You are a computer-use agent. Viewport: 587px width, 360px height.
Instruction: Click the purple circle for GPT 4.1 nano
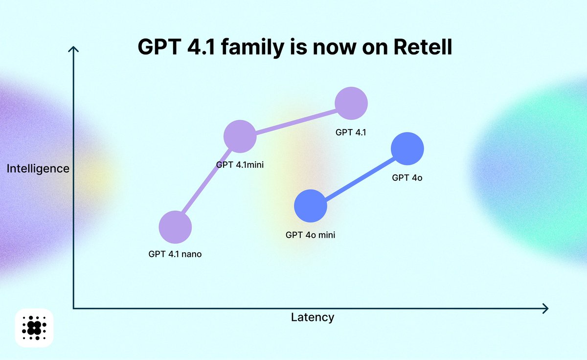coord(175,227)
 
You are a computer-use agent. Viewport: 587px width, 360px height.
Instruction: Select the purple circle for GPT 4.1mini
coord(240,136)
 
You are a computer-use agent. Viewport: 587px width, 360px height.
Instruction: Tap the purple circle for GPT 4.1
coord(351,103)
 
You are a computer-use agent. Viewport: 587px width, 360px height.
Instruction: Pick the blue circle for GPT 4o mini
coord(310,206)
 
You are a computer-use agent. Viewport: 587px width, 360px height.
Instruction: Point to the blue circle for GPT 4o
coord(407,149)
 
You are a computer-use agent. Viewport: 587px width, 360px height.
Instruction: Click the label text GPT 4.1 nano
coord(175,254)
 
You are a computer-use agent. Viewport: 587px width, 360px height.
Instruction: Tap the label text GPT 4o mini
coord(310,235)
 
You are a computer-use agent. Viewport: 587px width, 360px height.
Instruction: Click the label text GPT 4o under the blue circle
coord(407,178)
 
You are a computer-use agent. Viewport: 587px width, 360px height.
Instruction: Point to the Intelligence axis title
coord(38,169)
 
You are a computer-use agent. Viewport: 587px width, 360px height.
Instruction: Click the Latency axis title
coord(313,317)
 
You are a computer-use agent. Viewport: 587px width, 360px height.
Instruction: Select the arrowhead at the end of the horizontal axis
coord(545,308)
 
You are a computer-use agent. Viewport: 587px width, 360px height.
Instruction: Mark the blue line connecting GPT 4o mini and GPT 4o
coord(359,177)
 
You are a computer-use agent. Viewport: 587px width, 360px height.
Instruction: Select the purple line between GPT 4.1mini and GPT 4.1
coord(295,120)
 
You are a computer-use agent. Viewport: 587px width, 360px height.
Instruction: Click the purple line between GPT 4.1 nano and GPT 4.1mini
coord(207,182)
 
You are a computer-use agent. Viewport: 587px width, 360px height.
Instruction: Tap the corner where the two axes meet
coord(73,308)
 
